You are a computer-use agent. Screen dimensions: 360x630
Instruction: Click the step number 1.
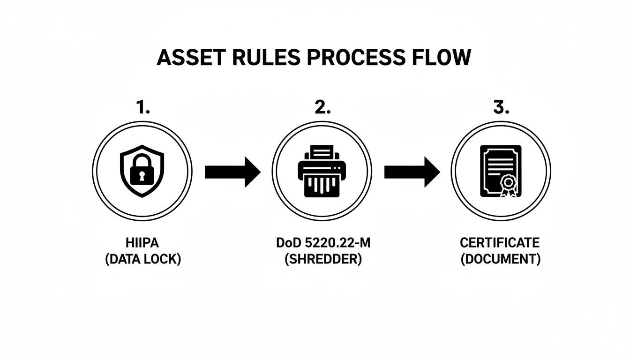[142, 107]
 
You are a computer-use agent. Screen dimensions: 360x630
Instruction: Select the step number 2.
[322, 107]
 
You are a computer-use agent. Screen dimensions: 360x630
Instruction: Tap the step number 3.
[501, 107]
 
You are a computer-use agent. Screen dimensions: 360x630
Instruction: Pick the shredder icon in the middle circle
[322, 172]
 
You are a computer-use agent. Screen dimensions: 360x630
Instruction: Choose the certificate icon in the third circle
[500, 171]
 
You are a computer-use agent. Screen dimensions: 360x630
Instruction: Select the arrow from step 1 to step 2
[232, 172]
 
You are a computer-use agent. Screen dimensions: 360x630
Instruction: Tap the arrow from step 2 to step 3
[412, 172]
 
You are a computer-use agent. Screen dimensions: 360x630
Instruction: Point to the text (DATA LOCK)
[142, 259]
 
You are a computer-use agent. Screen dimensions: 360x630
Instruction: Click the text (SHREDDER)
[323, 259]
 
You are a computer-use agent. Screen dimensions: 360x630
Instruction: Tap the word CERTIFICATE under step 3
[500, 243]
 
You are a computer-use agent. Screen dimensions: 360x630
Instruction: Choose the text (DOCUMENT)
[500, 259]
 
